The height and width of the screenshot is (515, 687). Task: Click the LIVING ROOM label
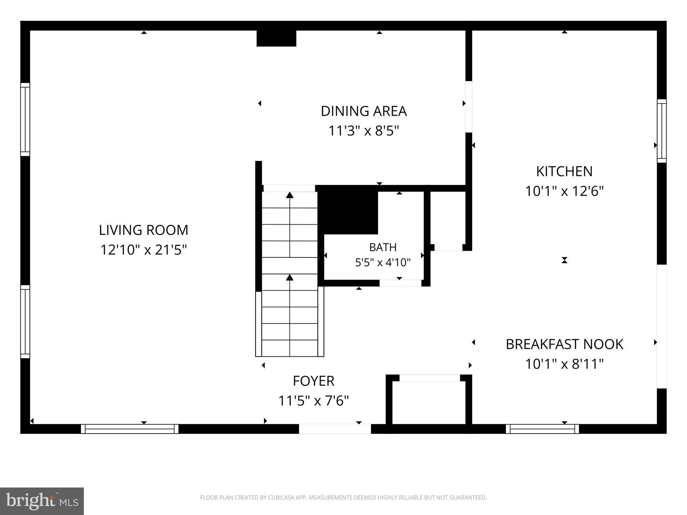coord(144,230)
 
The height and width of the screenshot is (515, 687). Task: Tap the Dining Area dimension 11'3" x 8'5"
coord(364,131)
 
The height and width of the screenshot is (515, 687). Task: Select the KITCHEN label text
coord(564,171)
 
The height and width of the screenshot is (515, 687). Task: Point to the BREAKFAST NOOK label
coord(564,344)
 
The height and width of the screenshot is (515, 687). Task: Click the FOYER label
coord(314,381)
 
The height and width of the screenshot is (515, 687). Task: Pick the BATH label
coord(383,247)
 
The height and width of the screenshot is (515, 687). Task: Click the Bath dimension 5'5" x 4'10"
coord(383,263)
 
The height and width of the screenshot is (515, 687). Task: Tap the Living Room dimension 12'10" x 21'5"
coord(144,250)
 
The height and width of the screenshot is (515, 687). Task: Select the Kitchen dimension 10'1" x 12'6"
coord(564,191)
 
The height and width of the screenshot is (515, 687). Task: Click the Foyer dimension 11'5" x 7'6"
coord(314,401)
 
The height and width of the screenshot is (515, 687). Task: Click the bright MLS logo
coord(42,501)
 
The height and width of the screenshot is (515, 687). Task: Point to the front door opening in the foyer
coord(335,429)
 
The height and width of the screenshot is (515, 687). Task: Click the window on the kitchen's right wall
coord(662,131)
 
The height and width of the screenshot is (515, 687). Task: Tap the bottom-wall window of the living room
coord(129,429)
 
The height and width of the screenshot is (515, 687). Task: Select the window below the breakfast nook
coord(542,429)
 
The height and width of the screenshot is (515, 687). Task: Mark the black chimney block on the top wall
coord(276,38)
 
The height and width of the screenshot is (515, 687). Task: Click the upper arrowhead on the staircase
coord(290,195)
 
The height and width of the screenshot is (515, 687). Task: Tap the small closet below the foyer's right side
coord(429,402)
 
